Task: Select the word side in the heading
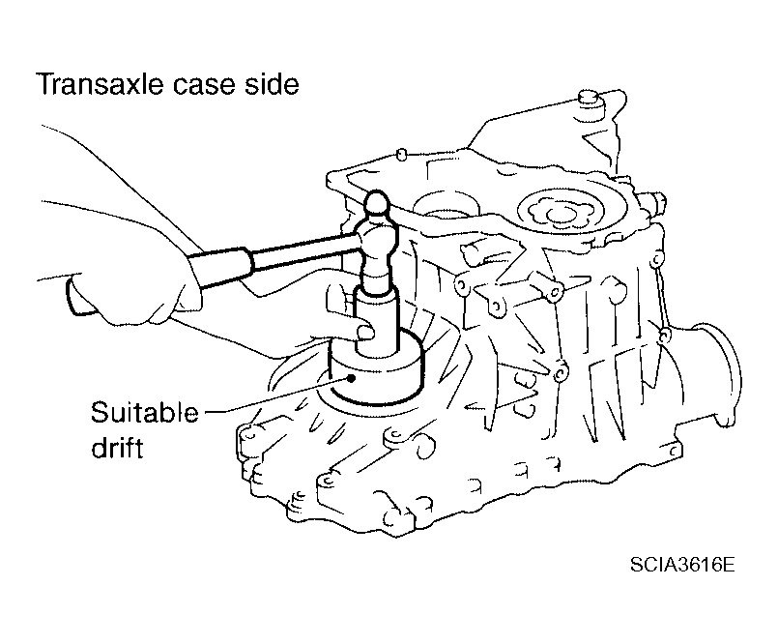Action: click(272, 84)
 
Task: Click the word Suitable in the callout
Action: click(145, 413)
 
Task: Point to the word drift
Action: click(117, 447)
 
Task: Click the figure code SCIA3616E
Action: click(682, 565)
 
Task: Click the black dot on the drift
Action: click(351, 378)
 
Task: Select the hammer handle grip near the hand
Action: click(220, 269)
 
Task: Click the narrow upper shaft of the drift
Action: click(377, 323)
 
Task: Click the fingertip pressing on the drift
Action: click(365, 331)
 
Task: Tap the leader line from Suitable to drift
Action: click(276, 395)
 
